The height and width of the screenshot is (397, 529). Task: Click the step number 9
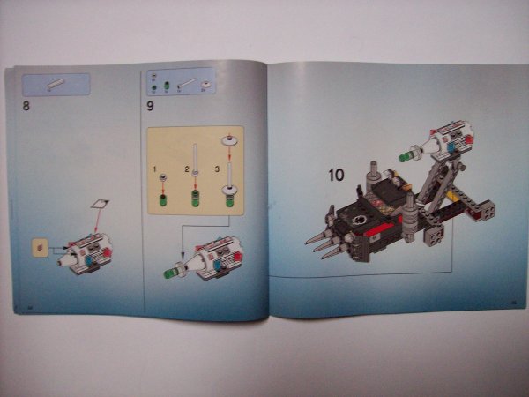click(x=151, y=107)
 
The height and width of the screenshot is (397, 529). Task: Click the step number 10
click(x=336, y=175)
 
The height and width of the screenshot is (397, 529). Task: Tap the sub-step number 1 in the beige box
click(x=154, y=167)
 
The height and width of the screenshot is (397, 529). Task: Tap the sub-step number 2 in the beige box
click(x=187, y=167)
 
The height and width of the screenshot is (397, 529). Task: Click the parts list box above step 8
click(x=56, y=84)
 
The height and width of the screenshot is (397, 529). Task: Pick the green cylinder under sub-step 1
click(x=163, y=198)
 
